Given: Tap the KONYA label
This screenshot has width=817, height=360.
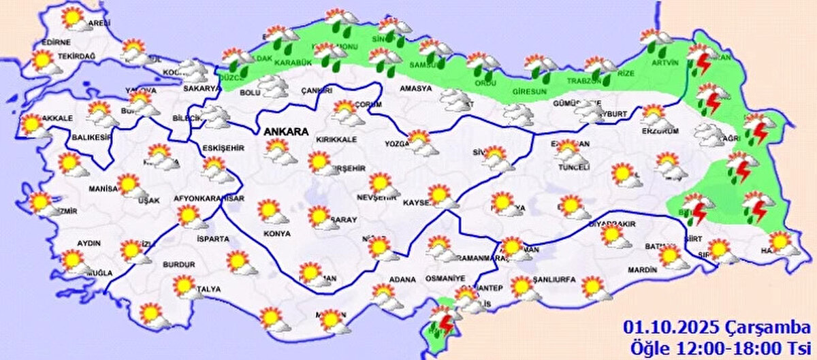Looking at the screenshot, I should pos(276,233).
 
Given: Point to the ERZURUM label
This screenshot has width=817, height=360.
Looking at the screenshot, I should pos(660,131).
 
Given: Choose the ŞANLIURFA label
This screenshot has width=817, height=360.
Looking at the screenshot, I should pos(554,280).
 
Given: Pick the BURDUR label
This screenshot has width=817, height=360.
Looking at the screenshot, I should pos(178,264).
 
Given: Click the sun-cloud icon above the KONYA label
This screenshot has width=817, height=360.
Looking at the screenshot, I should pos(270,211).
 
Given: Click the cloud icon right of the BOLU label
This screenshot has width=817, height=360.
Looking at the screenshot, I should pos(274,86).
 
